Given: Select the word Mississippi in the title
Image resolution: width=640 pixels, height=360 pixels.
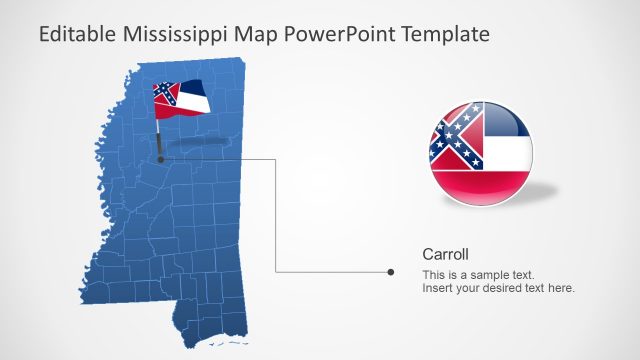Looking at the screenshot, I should point(172,34).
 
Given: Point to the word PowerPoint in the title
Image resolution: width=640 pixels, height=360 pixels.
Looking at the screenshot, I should point(339,34).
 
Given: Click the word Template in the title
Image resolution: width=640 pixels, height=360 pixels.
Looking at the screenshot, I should point(445,34).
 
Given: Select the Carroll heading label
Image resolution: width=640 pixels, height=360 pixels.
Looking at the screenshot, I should point(445,254).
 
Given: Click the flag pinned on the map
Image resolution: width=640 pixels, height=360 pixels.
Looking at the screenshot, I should point(180,98).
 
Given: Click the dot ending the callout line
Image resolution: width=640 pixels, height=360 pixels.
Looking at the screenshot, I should point(389,271).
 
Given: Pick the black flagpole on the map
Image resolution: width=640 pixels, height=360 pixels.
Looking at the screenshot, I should point(159,140).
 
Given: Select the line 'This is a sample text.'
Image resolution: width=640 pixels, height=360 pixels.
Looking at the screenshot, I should point(478,275).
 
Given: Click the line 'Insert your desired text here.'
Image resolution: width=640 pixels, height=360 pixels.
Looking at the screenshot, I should point(498,289).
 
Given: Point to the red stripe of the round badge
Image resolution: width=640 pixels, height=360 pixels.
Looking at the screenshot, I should point(481,187).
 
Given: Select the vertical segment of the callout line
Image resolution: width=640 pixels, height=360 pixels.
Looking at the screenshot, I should point(275,215).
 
